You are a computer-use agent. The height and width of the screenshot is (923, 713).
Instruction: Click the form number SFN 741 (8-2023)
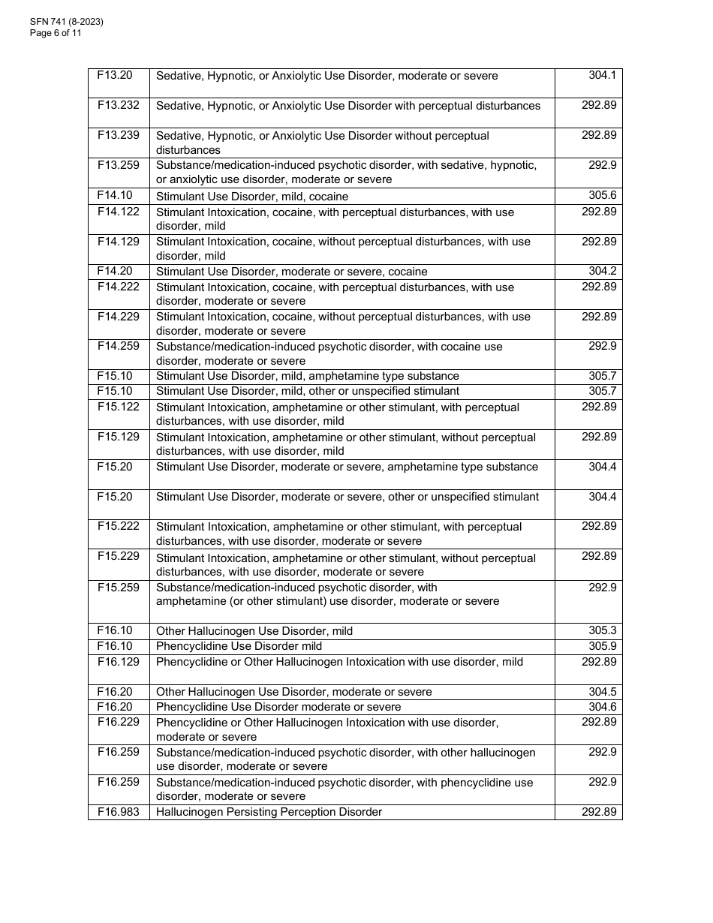[x=67, y=22]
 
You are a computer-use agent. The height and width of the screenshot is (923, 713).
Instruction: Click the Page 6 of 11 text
[x=56, y=33]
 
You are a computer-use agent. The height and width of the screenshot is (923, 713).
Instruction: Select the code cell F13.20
[x=115, y=75]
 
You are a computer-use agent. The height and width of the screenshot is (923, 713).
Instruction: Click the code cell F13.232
[x=119, y=105]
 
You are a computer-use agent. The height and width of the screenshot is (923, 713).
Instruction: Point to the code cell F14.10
[x=115, y=195]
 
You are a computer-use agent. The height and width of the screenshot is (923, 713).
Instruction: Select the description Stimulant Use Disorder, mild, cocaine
[x=252, y=197]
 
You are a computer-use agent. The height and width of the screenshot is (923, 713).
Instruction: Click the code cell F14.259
[x=119, y=346]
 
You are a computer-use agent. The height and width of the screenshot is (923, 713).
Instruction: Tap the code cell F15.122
[x=119, y=406]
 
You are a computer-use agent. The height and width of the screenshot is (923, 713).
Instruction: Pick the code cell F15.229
[x=119, y=556]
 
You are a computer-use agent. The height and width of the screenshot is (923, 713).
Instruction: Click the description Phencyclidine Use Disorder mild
[x=239, y=646]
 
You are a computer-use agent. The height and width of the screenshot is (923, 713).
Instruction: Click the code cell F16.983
[x=119, y=811]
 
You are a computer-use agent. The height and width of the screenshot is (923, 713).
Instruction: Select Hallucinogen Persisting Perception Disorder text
[x=269, y=812]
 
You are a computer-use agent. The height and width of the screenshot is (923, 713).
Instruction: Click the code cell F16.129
[x=119, y=661]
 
